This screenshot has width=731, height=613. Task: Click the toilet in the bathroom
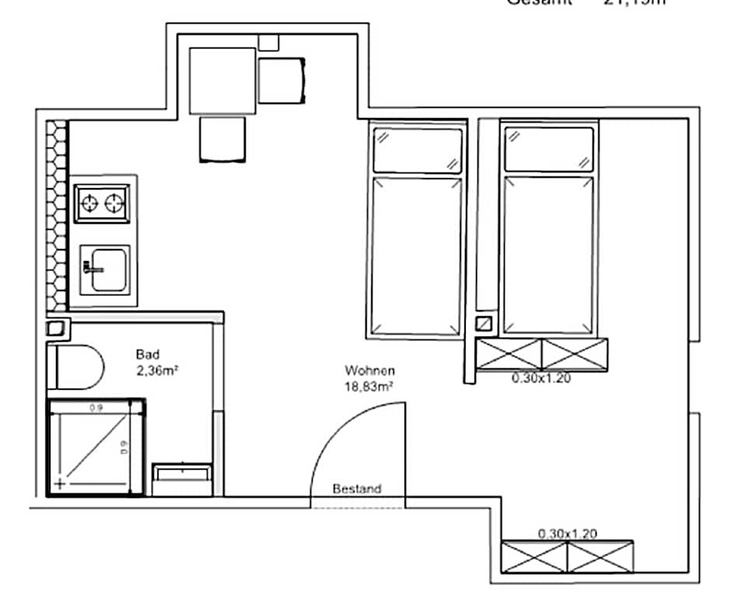78,367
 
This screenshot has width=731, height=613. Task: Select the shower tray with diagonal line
96,447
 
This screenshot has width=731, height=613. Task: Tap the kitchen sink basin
108,270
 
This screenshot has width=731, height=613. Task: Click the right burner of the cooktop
115,204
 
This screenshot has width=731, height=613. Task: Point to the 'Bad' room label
148,354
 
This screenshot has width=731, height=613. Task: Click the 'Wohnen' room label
370,371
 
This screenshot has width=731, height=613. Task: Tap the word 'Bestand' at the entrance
357,489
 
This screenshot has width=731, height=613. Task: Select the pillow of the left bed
418,150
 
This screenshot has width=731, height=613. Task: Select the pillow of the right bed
549,149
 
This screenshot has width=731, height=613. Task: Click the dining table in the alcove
222,81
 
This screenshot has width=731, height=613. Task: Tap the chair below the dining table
223,139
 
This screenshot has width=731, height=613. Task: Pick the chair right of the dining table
282,81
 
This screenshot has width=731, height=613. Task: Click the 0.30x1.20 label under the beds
541,379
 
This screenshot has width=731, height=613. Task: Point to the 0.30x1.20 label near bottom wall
568,534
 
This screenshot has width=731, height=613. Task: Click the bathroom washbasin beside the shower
183,479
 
